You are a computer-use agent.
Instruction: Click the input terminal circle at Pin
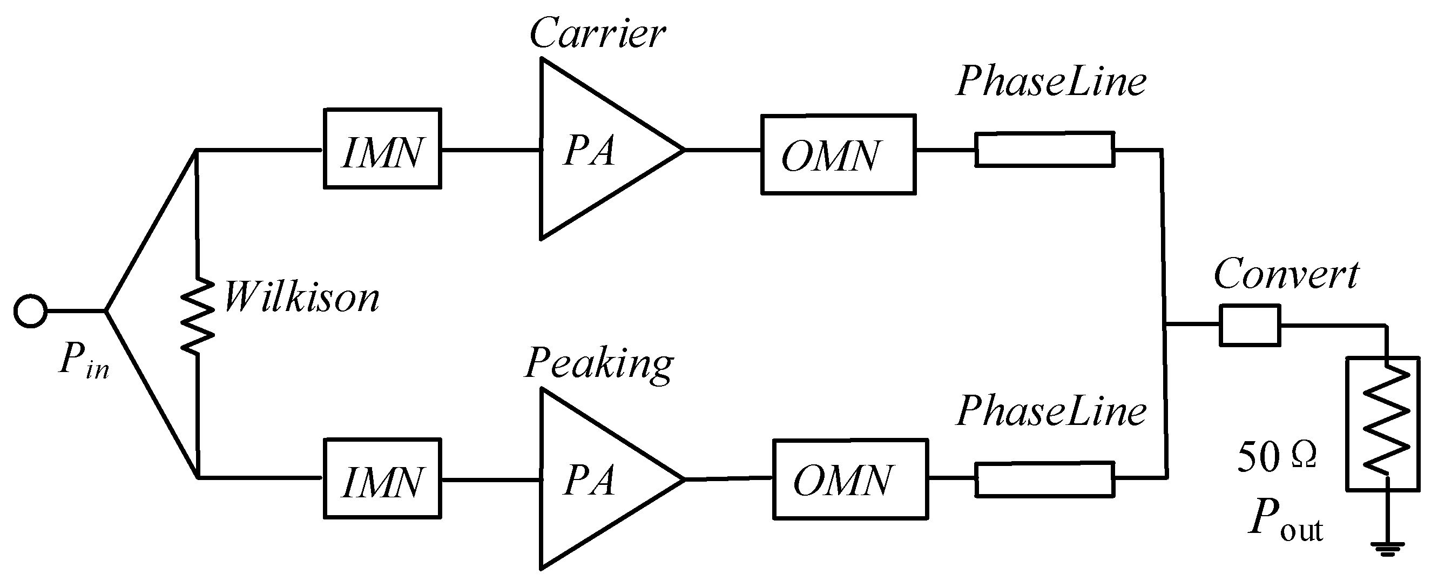pos(30,310)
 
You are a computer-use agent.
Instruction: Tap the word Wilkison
pos(301,298)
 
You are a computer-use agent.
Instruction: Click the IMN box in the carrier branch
pos(382,149)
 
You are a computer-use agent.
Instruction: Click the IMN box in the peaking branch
pos(382,479)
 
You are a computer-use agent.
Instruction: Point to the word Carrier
pos(597,33)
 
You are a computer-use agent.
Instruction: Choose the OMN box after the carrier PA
pos(838,154)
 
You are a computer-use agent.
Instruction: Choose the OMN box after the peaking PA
pos(850,479)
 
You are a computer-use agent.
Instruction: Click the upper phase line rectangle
pos(1044,149)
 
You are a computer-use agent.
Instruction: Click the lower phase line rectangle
pos(1044,479)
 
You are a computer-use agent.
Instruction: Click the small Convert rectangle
pos(1250,325)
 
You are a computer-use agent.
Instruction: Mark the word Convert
pos(1286,275)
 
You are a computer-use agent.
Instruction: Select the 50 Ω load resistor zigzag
pos(1386,424)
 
